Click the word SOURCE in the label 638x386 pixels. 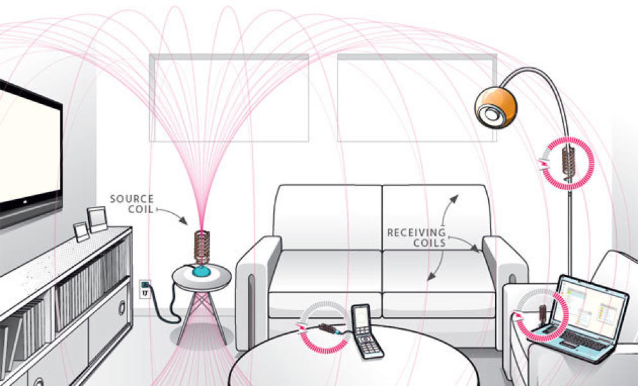(x=132, y=199)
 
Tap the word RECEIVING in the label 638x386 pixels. (x=416, y=232)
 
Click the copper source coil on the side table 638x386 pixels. (x=202, y=247)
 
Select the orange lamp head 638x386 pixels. (x=496, y=107)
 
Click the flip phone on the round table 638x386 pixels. (x=366, y=331)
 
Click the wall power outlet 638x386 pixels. (x=145, y=289)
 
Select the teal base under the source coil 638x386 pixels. (x=202, y=272)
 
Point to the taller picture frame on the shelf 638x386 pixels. (x=97, y=220)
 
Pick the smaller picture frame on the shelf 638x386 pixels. (x=81, y=232)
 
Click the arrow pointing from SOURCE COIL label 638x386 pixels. (x=172, y=215)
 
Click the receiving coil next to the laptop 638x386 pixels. (x=542, y=313)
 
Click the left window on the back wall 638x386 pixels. (x=229, y=98)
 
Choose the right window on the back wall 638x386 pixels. (x=417, y=98)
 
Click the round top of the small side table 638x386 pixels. (x=202, y=277)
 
